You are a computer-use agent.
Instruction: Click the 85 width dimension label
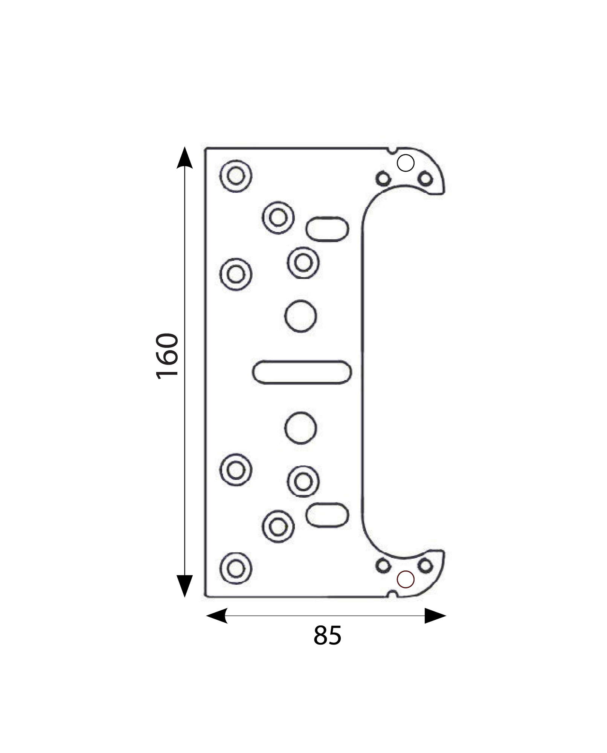click(327, 636)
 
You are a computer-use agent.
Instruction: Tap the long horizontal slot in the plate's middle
click(302, 372)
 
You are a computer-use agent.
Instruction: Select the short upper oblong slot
click(327, 229)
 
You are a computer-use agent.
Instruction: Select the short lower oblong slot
click(327, 515)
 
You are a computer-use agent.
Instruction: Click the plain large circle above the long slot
click(300, 316)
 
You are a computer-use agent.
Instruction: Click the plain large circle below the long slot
click(300, 428)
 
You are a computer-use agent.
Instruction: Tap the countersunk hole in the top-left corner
click(236, 176)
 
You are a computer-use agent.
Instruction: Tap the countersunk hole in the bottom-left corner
click(236, 568)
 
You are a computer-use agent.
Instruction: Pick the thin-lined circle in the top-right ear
click(406, 163)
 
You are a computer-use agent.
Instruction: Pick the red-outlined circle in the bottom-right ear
click(406, 579)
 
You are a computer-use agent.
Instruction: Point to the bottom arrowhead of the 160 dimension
click(185, 586)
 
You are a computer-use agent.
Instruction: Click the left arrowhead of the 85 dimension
click(217, 616)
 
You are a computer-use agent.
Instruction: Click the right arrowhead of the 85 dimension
click(435, 616)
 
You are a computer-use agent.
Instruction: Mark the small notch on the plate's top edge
click(393, 151)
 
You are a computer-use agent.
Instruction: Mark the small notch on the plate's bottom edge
click(393, 594)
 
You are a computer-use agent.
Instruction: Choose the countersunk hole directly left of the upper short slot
click(278, 218)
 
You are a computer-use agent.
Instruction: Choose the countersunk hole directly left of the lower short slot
click(278, 526)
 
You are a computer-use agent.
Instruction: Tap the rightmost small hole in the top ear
click(426, 178)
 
